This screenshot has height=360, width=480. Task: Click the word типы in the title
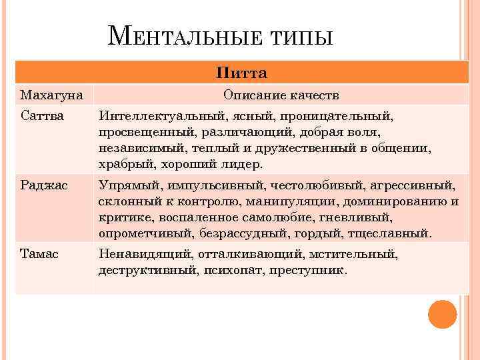pos(303,37)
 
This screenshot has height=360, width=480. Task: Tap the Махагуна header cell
pos(52,95)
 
